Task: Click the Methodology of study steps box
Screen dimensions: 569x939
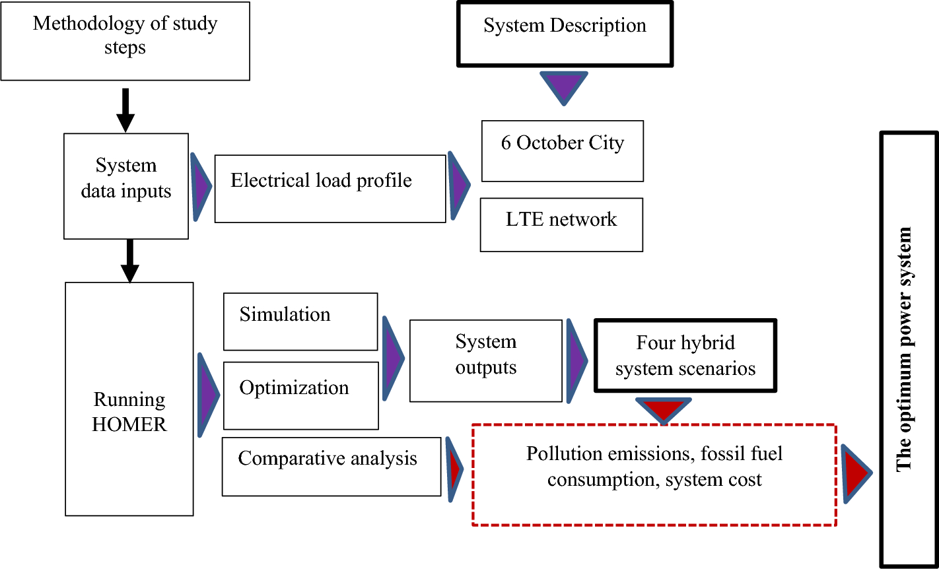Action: [x=125, y=41]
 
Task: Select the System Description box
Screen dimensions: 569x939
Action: [x=565, y=34]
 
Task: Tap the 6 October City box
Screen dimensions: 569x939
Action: [x=562, y=151]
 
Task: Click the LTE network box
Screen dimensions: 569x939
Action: [x=561, y=224]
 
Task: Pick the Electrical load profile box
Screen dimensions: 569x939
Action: [x=330, y=188]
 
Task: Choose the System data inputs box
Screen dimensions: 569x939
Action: [x=126, y=185]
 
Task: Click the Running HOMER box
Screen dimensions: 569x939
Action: [x=129, y=399]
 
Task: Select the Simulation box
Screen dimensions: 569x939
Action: [x=300, y=321]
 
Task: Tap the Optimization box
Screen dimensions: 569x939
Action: [x=301, y=395]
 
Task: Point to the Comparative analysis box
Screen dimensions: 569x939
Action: [x=331, y=466]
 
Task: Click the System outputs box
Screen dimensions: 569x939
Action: [x=486, y=360]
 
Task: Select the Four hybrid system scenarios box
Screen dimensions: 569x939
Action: [x=685, y=356]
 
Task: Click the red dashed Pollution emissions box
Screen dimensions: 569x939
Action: [x=654, y=475]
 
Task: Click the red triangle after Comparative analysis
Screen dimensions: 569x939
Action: [x=454, y=469]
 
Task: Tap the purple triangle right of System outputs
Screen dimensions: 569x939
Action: [x=576, y=360]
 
